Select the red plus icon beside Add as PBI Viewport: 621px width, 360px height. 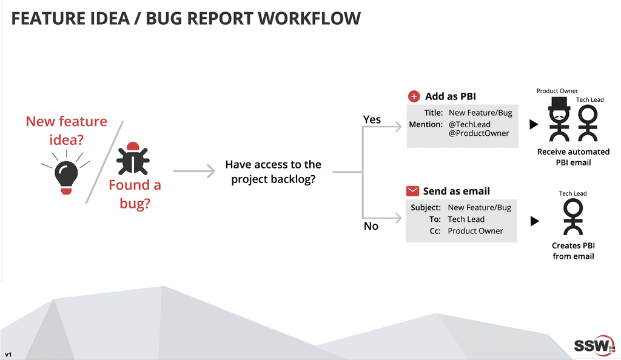click(414, 96)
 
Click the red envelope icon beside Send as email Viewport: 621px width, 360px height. click(412, 191)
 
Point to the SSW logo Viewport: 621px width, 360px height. click(594, 345)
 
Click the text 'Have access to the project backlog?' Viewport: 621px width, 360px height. click(273, 172)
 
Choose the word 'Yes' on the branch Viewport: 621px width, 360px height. click(372, 119)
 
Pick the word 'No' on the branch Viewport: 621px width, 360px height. click(371, 225)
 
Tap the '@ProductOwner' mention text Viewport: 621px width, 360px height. click(478, 133)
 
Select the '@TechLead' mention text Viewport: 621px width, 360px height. click(469, 124)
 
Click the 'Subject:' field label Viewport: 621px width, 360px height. click(426, 208)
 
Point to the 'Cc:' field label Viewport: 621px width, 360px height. click(435, 231)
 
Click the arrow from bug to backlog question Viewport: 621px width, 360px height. click(194, 172)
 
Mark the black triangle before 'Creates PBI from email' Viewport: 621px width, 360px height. click(534, 221)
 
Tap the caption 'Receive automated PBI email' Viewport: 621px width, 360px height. click(573, 157)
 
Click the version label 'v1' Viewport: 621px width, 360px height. click(8, 354)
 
